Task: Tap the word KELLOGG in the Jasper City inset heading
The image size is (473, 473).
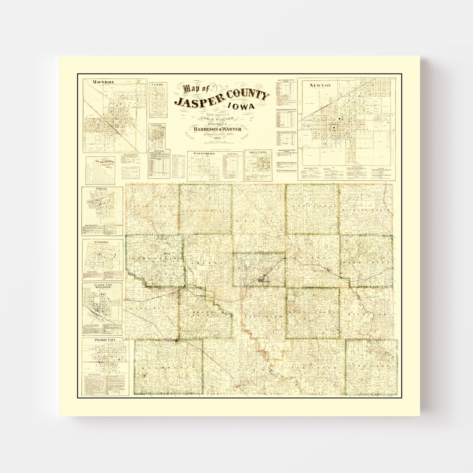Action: (102, 289)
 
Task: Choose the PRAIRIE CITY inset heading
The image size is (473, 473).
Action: (105, 340)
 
